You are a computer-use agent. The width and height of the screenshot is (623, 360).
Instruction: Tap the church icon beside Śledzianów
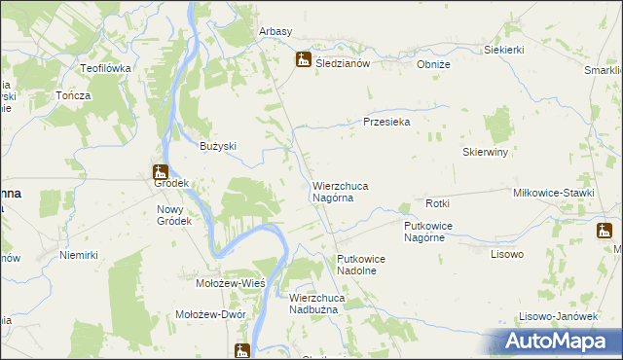coord(304,60)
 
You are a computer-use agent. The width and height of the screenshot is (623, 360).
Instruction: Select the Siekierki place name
coord(504,50)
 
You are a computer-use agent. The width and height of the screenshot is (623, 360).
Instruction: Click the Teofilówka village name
coord(105,68)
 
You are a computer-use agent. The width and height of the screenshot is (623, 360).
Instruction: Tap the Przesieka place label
coord(386,123)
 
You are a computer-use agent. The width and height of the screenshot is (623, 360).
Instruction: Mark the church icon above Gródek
coord(161,172)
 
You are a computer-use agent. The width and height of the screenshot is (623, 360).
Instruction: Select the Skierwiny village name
coord(487,153)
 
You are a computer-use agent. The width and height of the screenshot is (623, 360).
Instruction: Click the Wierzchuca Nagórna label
coord(339,191)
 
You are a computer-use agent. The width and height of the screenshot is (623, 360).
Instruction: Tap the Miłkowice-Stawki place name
coord(553,194)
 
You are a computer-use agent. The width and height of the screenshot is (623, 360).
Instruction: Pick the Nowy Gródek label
coord(175,214)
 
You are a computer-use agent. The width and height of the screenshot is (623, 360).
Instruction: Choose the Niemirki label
coord(79,255)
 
